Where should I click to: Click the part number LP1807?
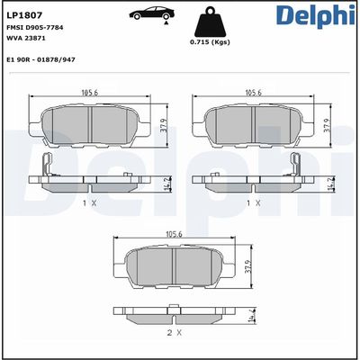[24, 14]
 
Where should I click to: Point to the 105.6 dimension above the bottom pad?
[173, 234]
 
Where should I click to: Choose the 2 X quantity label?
[172, 333]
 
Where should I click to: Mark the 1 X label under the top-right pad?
[254, 203]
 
